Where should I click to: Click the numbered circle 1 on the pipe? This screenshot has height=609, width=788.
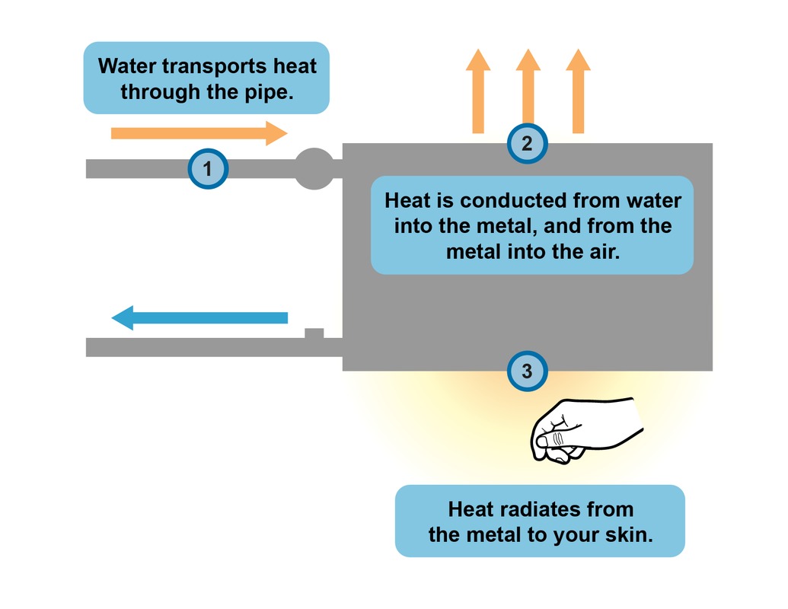coord(208,168)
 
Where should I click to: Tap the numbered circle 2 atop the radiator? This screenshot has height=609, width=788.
coord(527,143)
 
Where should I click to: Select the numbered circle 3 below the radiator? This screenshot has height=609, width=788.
coord(527,371)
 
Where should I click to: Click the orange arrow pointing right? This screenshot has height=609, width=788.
coord(199,133)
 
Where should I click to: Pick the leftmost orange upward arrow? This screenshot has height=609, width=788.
coord(478,91)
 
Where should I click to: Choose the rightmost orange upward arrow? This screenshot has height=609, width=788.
coord(579,91)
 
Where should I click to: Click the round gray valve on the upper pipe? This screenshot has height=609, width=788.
coord(314,168)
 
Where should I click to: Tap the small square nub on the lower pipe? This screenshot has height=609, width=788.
coord(314,333)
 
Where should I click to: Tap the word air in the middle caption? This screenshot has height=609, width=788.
coord(602,251)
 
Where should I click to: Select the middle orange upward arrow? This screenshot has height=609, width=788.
coord(528,91)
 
